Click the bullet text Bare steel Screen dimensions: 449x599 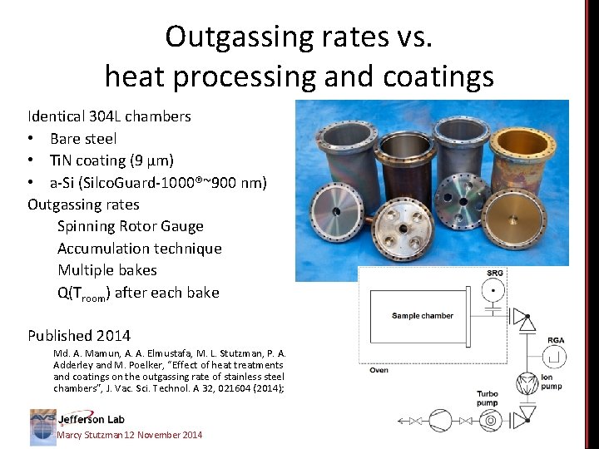coord(83,138)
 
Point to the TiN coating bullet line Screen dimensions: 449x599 coord(111,160)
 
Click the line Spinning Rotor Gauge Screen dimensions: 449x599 coord(131,226)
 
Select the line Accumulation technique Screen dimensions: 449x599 coord(140,248)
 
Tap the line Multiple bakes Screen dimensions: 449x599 coord(107,270)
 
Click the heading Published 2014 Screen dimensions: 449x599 coord(79,336)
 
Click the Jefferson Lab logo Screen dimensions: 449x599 coord(77,421)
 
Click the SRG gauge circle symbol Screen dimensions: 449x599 coord(493,291)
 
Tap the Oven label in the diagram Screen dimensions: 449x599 coord(379,370)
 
